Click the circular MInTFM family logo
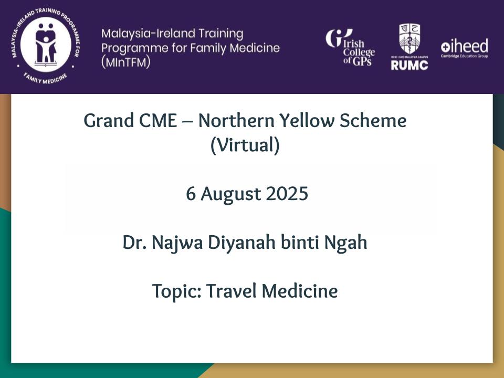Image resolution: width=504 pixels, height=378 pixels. coord(46,45)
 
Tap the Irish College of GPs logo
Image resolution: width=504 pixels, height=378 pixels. coord(350,48)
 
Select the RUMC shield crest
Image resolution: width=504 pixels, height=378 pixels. coord(409,39)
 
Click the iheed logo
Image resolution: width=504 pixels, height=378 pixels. coord(465,48)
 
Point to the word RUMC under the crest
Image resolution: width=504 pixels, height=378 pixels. coord(409,65)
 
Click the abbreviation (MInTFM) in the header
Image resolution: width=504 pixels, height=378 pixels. coord(125,62)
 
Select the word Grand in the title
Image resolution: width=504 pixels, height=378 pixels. coord(109,121)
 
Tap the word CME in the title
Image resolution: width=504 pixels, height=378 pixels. coord(158,121)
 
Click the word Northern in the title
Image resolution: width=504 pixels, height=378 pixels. coord(236,121)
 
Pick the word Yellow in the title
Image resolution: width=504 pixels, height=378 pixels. coord(307,121)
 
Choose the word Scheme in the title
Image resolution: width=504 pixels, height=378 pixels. coord(373,121)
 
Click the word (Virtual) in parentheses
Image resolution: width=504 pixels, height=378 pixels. coord(245,145)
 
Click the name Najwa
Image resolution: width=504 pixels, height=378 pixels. coord(177,243)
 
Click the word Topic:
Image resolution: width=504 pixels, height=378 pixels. coord(177,291)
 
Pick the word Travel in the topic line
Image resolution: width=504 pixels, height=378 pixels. coord(232,291)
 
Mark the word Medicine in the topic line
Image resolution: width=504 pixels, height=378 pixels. coord(300,291)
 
